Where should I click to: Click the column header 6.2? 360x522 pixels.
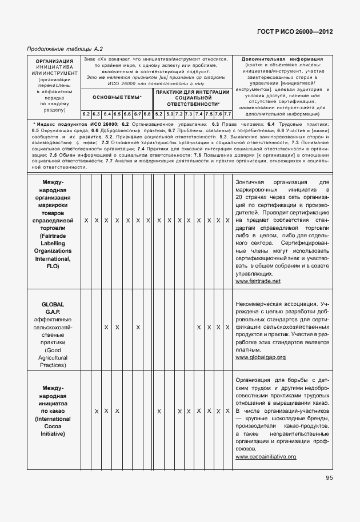86,114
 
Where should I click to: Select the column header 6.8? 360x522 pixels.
147,114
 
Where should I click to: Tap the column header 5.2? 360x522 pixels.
159,114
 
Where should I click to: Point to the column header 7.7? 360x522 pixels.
227,114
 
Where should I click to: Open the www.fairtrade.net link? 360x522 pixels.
258,281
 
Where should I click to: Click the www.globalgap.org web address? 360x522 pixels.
260,357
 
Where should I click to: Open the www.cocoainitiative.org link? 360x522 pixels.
265,457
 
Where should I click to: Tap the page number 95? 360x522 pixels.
330,478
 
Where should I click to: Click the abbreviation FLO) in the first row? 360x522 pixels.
53,266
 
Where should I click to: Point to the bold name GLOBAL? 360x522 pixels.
53,304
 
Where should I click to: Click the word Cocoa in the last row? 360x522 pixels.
53,427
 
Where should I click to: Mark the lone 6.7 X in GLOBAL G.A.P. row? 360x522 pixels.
138,328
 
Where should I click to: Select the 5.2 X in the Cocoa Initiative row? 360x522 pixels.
159,412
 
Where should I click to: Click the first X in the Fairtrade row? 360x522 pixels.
86,220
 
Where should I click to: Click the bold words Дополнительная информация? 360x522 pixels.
282,59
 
